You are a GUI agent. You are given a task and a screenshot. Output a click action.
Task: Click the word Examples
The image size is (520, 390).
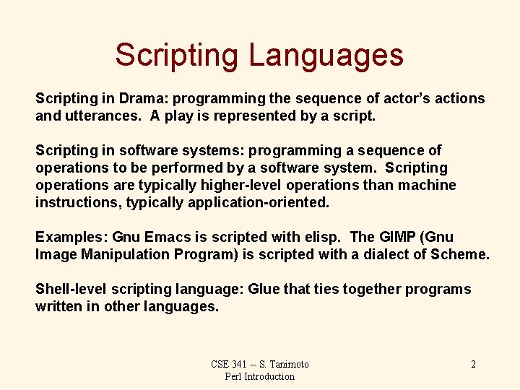pyautogui.click(x=71, y=237)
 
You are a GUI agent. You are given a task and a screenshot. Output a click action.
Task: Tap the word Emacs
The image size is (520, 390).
pyautogui.click(x=167, y=237)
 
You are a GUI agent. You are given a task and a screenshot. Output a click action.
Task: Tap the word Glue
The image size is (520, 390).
pyautogui.click(x=264, y=289)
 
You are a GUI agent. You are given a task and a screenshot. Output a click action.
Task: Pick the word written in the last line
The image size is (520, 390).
pyautogui.click(x=59, y=306)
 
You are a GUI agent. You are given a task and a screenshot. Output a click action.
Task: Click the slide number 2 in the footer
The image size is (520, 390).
pyautogui.click(x=473, y=364)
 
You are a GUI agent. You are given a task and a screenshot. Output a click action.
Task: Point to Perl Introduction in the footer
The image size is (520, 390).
pyautogui.click(x=260, y=376)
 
